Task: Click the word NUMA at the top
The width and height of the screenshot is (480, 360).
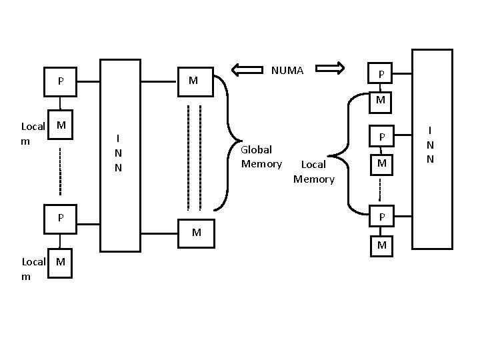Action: click(287, 70)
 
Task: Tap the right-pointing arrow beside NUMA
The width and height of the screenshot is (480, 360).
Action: click(329, 67)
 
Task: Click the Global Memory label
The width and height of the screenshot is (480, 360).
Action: click(261, 157)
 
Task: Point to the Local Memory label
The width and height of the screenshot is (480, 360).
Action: click(313, 171)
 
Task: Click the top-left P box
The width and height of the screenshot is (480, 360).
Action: click(61, 82)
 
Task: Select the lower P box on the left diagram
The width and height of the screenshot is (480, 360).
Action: click(61, 218)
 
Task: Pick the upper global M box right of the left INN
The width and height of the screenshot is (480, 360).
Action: click(194, 81)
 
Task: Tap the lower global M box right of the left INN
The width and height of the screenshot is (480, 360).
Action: click(196, 233)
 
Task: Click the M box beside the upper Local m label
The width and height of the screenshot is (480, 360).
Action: click(61, 125)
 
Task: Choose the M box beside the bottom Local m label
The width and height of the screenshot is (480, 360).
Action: click(61, 261)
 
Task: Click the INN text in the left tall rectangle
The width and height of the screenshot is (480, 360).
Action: click(119, 153)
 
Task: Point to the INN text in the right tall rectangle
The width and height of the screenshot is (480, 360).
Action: click(431, 145)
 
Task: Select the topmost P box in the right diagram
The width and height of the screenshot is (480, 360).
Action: click(381, 74)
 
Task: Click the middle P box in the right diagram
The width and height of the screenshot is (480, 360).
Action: click(381, 137)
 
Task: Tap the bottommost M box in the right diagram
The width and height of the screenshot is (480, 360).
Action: click(381, 245)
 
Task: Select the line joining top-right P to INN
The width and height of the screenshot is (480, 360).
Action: click(404, 74)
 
